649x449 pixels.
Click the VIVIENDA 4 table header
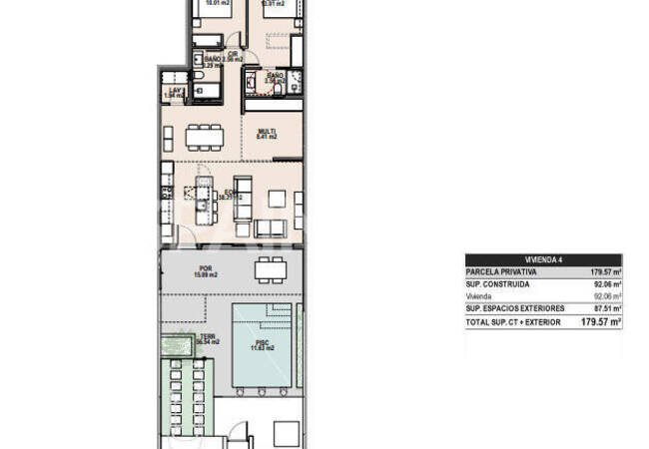pyautogui.click(x=543, y=258)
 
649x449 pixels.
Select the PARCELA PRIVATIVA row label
pyautogui.click(x=501, y=271)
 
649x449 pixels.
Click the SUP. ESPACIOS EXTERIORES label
pyautogui.click(x=515, y=309)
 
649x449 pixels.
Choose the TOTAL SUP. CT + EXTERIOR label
pyautogui.click(x=513, y=322)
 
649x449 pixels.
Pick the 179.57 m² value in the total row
pyautogui.click(x=602, y=322)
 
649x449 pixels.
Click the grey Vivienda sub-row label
pyautogui.click(x=479, y=296)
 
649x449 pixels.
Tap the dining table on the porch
pyautogui.click(x=267, y=270)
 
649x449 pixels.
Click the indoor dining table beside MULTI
pyautogui.click(x=209, y=132)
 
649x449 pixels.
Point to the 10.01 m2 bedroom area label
pyautogui.click(x=217, y=3)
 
